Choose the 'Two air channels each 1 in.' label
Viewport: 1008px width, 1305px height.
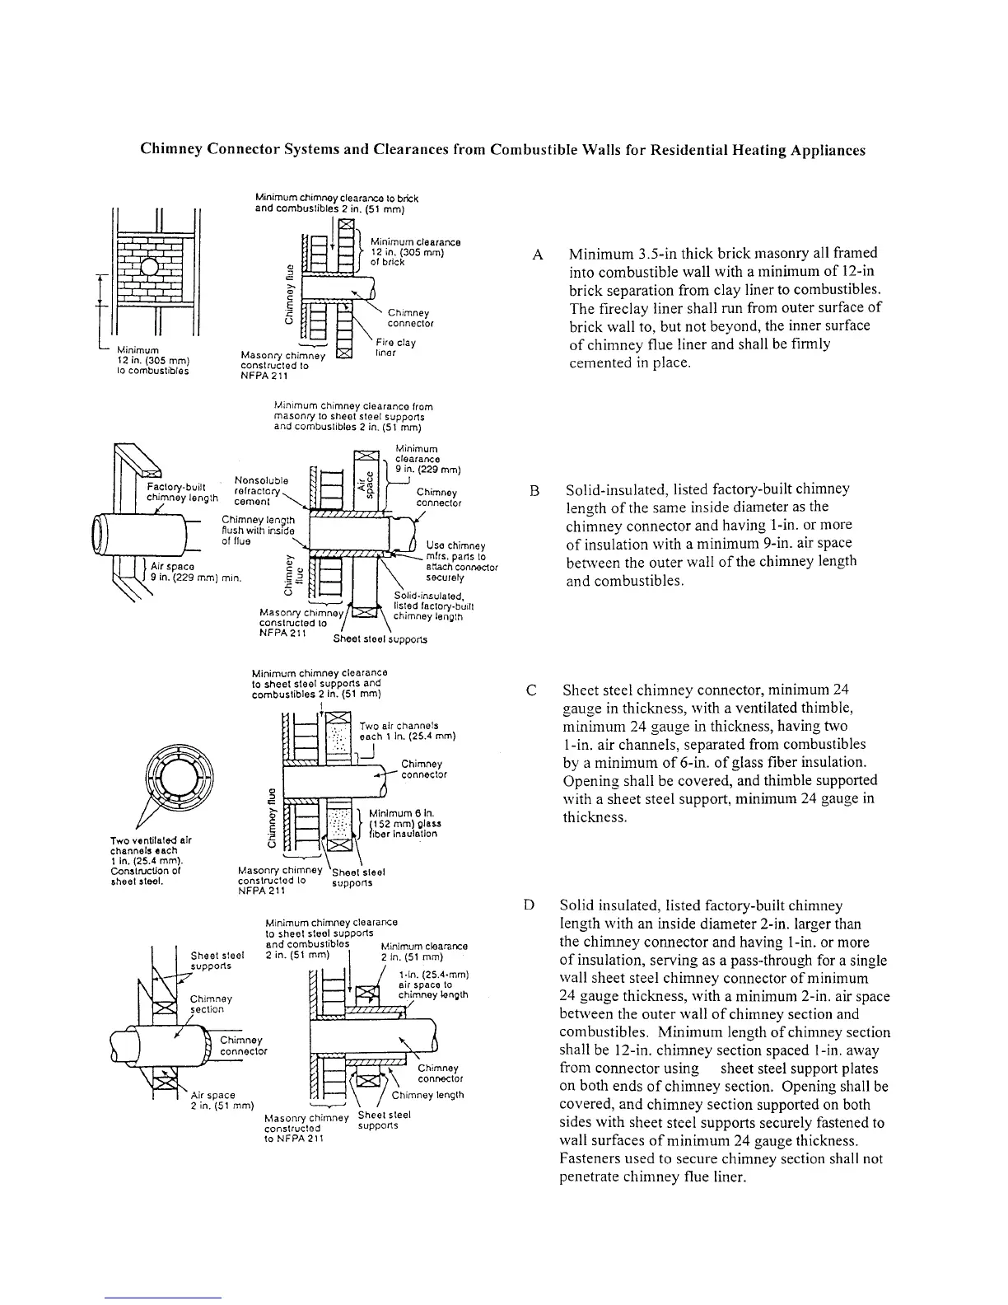click(x=407, y=731)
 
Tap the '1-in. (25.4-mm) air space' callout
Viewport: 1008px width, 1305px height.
click(x=432, y=984)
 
